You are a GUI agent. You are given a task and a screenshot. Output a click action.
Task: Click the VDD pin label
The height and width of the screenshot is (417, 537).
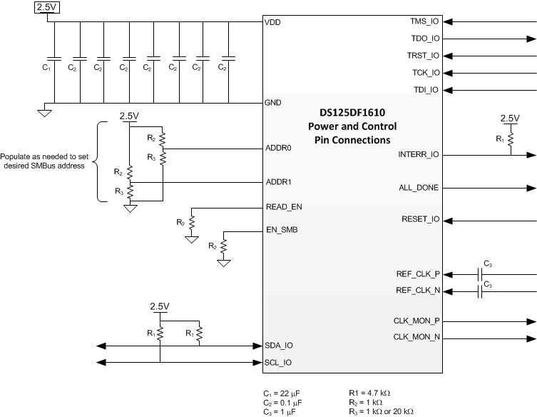[272, 22]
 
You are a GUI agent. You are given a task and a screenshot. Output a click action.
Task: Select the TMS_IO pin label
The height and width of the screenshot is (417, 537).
[425, 22]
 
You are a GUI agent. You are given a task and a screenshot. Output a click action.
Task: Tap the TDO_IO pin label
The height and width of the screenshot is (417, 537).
[425, 39]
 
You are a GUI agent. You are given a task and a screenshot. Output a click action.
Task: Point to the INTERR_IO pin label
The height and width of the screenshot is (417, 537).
[419, 154]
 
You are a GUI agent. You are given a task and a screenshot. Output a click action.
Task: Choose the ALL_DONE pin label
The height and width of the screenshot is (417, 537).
[419, 188]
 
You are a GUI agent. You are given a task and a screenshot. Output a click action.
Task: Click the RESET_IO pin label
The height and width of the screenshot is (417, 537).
[421, 219]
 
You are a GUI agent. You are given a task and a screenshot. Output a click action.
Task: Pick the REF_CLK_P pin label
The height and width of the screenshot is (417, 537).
[418, 273]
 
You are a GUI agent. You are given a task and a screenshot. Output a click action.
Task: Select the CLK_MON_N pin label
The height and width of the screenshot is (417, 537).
[416, 337]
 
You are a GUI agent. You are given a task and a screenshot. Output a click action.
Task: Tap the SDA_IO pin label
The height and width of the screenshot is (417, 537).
[278, 345]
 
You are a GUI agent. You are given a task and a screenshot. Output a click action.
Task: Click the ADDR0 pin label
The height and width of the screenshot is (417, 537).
[279, 149]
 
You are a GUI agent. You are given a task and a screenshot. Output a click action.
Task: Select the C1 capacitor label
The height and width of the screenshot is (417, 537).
[46, 67]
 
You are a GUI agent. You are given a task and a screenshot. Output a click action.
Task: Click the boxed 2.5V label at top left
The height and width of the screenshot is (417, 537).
[47, 6]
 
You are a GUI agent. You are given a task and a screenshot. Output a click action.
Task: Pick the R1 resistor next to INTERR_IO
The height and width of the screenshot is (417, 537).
[510, 141]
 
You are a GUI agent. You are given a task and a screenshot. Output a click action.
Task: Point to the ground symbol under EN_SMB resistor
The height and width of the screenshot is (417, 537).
[223, 263]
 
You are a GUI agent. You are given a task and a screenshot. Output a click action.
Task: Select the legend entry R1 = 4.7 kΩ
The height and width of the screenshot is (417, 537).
[370, 393]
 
